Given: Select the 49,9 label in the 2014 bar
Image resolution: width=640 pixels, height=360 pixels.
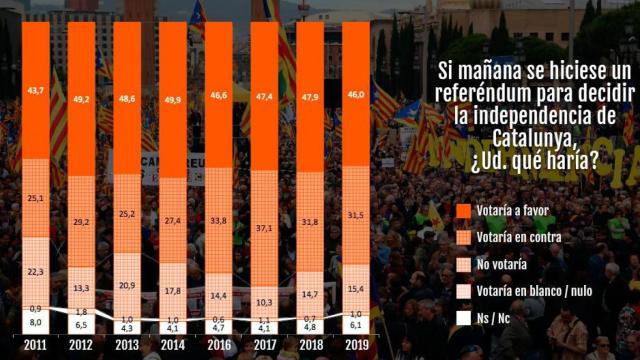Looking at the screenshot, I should point(173,101).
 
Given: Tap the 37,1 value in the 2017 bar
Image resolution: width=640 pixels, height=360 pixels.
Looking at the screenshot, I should point(264,229).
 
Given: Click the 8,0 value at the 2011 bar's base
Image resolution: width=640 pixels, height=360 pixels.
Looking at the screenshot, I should point(36,323).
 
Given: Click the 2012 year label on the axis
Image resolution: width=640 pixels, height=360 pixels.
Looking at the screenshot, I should point(81,347).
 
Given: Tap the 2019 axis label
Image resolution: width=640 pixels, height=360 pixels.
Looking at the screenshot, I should point(356,347).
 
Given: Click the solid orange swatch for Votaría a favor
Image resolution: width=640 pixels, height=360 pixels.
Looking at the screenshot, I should point(461,211).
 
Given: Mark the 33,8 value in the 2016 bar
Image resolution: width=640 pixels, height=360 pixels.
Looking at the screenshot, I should point(219,222).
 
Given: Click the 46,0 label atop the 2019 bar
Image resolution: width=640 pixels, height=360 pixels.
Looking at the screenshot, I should point(356,92).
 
